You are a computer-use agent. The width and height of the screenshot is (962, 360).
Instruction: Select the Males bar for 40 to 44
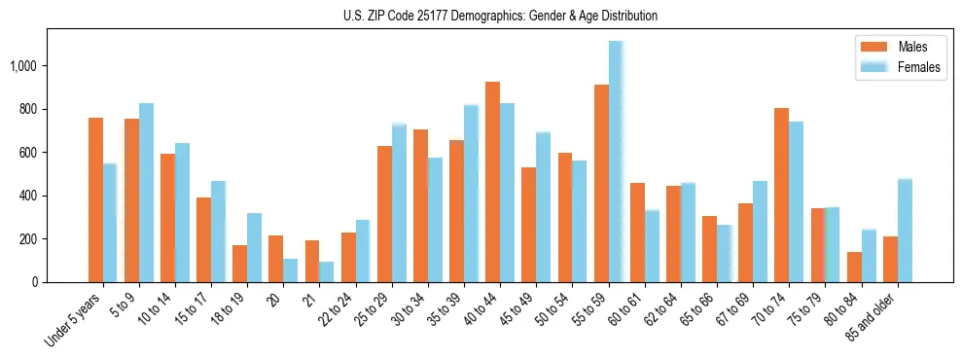493,182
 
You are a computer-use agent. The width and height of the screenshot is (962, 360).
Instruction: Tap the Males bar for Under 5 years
95,199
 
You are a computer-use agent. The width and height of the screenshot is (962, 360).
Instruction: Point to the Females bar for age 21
327,271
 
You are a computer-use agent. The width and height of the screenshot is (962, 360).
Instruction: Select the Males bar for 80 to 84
854,267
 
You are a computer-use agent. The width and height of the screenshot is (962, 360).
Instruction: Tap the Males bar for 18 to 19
240,264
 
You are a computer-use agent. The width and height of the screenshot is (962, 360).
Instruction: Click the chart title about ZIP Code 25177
500,16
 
